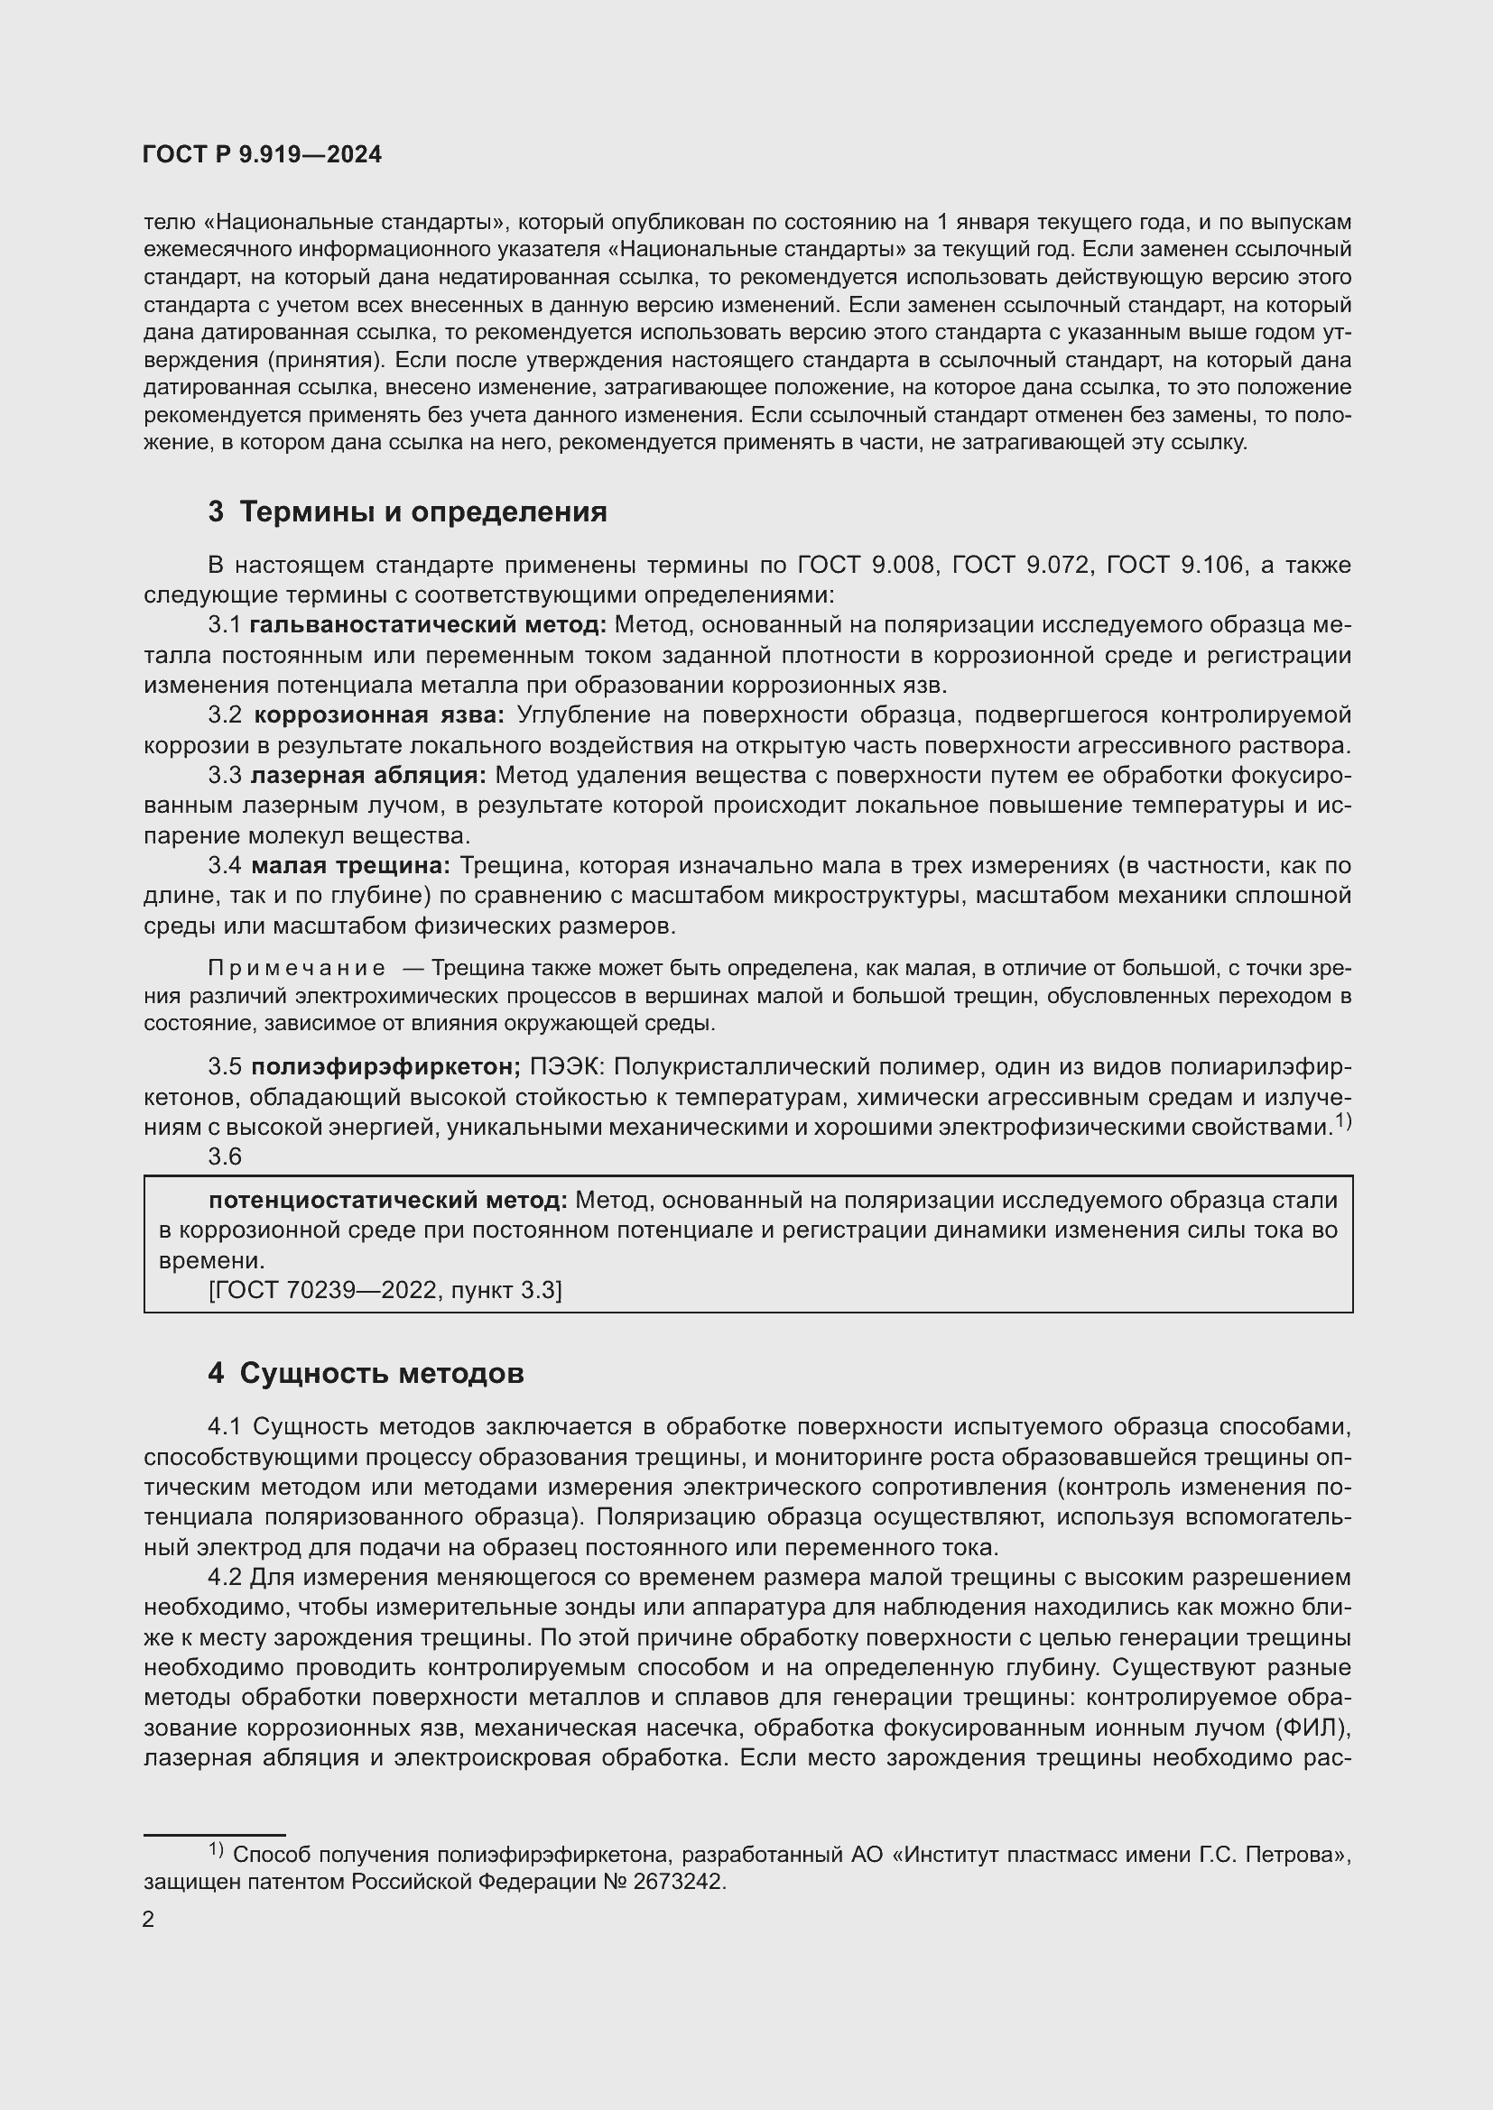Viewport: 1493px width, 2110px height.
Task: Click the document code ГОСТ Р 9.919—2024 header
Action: [x=262, y=155]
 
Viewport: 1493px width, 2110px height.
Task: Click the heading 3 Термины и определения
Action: [x=407, y=511]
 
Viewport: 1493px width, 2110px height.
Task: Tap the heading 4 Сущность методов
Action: [x=366, y=1374]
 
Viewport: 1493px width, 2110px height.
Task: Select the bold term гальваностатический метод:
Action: [x=428, y=626]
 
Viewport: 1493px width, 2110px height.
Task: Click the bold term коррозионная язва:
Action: [x=379, y=716]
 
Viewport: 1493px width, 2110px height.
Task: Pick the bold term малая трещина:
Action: [x=350, y=866]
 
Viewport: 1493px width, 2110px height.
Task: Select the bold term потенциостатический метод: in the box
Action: [x=388, y=1200]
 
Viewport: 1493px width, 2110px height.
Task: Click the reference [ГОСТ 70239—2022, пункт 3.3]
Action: [x=385, y=1290]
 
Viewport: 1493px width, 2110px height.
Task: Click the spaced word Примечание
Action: [x=296, y=969]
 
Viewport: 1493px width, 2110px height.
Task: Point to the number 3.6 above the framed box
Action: [x=225, y=1157]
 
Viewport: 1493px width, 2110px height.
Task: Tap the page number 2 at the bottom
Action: [x=149, y=1920]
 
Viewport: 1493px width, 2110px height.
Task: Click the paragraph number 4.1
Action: [x=226, y=1427]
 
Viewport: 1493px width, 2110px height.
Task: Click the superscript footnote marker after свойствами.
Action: [x=1343, y=1120]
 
